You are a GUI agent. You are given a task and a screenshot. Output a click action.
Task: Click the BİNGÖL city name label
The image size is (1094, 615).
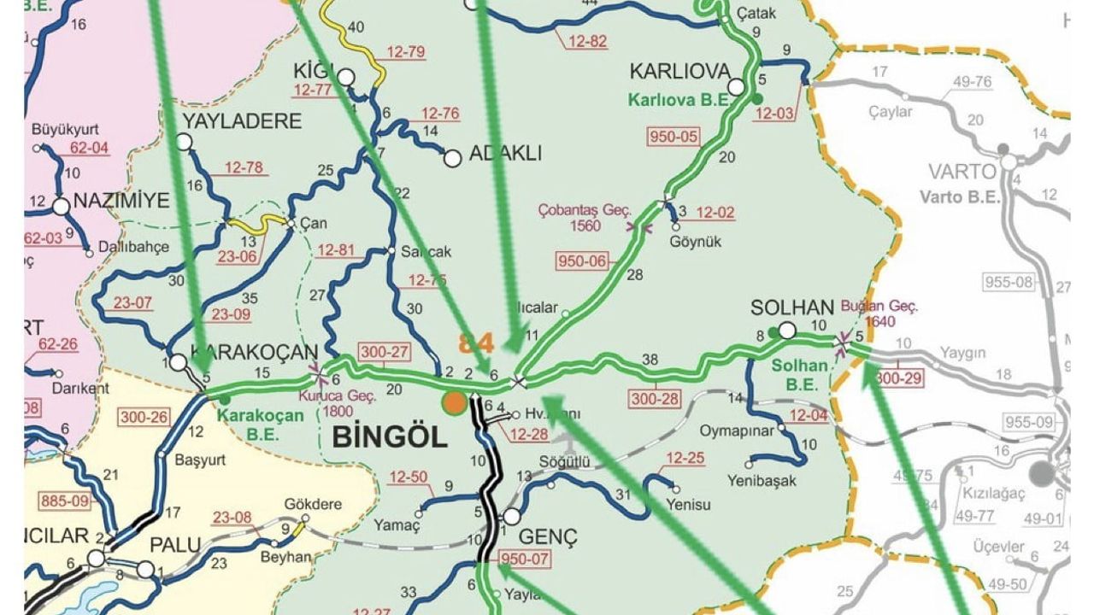[x=389, y=438]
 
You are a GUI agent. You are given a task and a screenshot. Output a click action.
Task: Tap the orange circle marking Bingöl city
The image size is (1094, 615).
[x=455, y=402]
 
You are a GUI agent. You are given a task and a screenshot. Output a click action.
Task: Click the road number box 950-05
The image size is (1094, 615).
[x=674, y=136]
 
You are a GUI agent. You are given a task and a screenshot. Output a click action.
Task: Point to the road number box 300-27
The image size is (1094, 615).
[x=385, y=352]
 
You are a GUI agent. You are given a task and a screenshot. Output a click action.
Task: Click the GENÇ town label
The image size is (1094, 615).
[x=549, y=537]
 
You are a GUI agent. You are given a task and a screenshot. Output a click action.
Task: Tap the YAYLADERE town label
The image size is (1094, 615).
[x=242, y=120]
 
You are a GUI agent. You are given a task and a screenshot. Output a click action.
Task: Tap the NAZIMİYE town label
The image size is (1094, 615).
[x=122, y=201]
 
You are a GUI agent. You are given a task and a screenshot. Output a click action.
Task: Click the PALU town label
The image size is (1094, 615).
[x=174, y=544]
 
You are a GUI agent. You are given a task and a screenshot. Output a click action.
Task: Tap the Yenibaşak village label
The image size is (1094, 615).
[x=763, y=481]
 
